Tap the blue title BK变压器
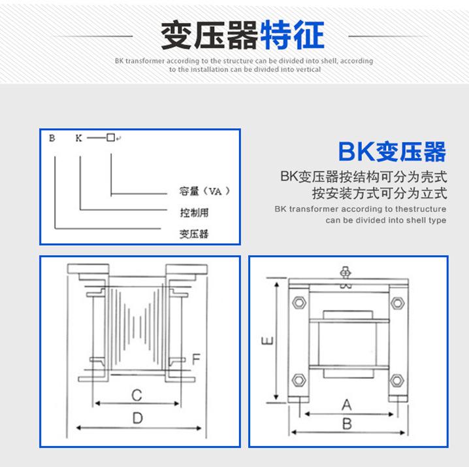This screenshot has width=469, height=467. pyautogui.click(x=393, y=152)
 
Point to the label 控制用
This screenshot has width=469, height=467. pyautogui.click(x=193, y=213)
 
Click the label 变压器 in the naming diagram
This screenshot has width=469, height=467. pyautogui.click(x=193, y=233)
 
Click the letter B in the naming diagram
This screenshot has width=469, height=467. pyautogui.click(x=52, y=138)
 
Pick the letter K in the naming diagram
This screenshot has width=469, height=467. pyautogui.click(x=79, y=138)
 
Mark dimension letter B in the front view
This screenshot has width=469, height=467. pyautogui.click(x=347, y=424)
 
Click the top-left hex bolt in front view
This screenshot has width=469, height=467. pyautogui.click(x=299, y=303)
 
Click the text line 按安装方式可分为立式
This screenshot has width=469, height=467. pyautogui.click(x=379, y=194)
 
